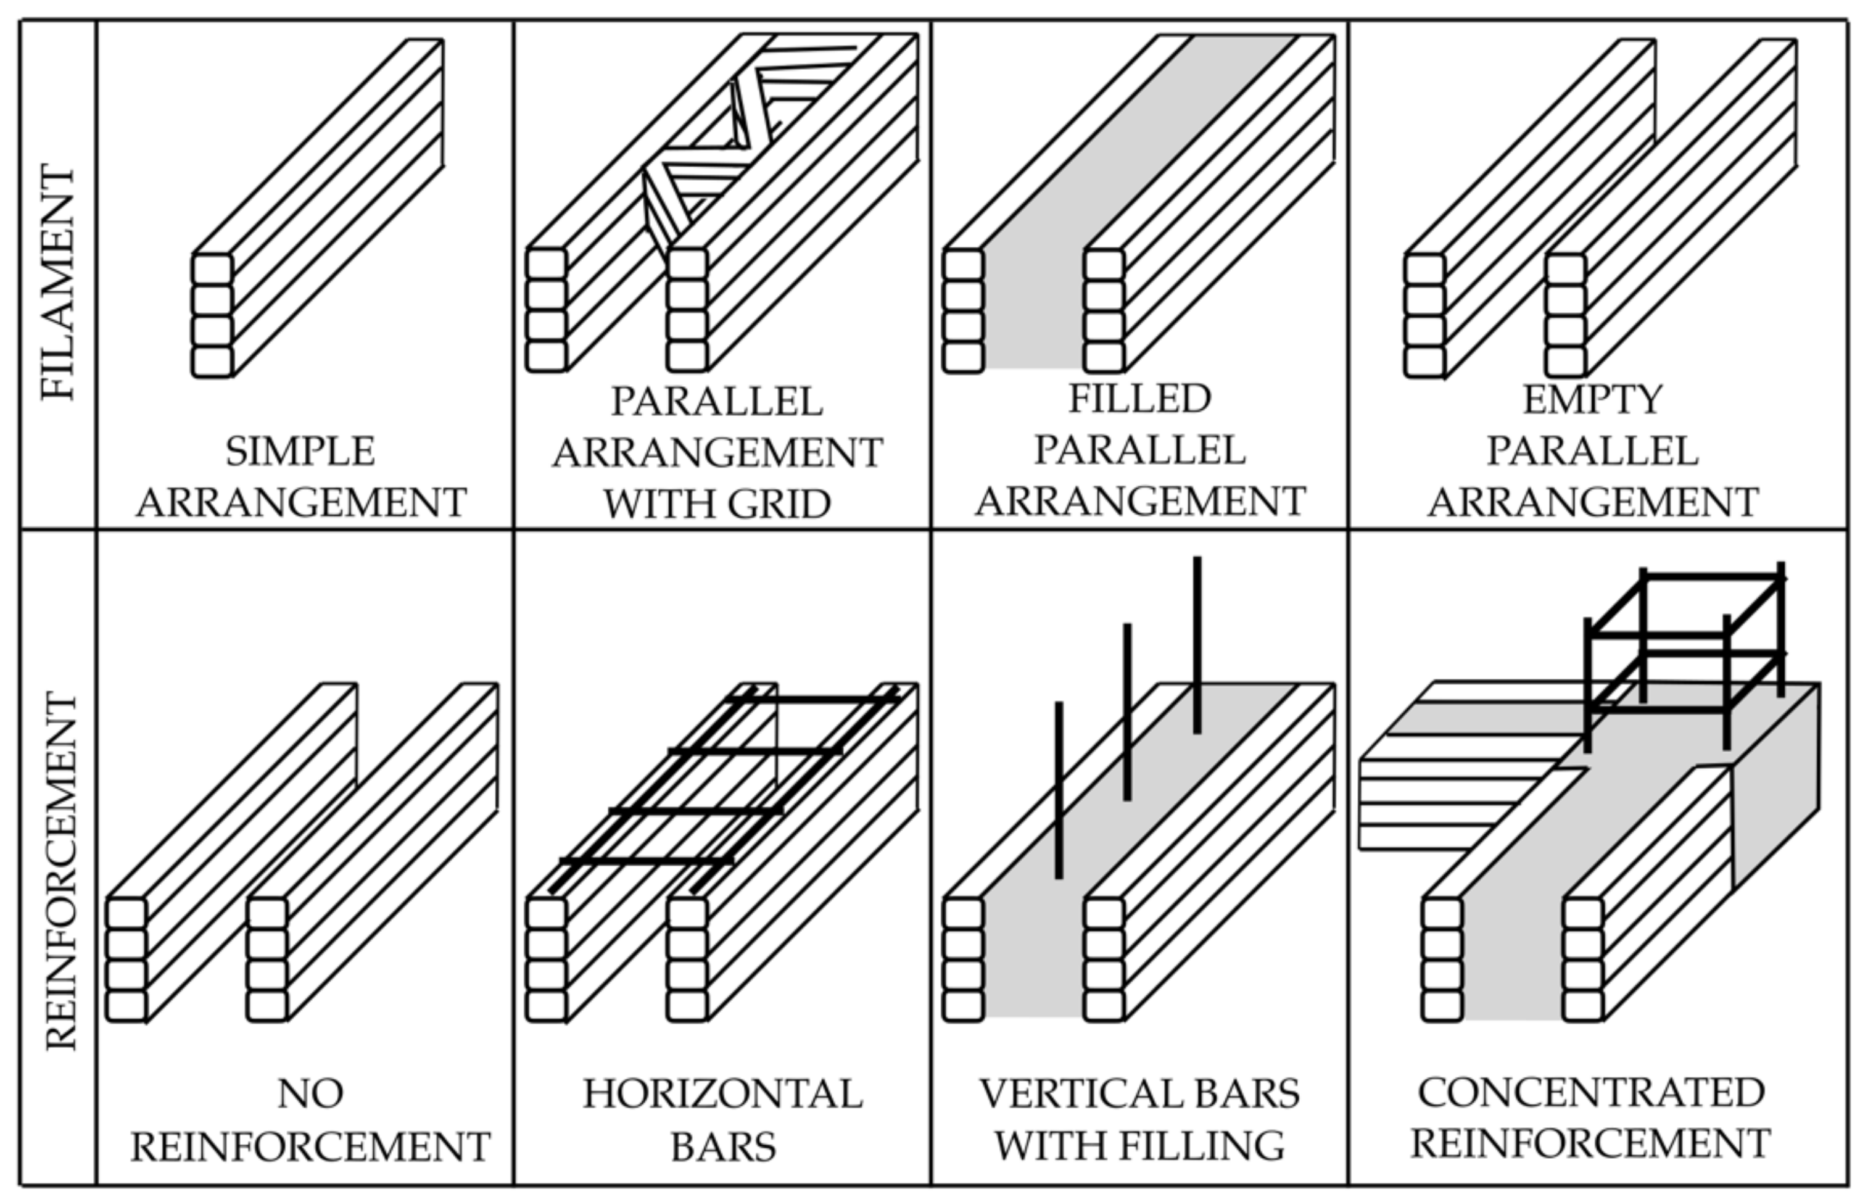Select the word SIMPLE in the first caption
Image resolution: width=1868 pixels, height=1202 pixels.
[300, 452]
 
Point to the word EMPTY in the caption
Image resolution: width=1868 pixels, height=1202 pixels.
[1593, 400]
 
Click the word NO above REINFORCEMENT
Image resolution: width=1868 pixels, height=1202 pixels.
[310, 1093]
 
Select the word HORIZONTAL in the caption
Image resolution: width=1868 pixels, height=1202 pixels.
[722, 1093]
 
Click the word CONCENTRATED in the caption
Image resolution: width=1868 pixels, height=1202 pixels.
[1591, 1092]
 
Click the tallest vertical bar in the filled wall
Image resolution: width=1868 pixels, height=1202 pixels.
[1197, 645]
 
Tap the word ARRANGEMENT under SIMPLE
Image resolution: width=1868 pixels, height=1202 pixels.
[301, 503]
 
